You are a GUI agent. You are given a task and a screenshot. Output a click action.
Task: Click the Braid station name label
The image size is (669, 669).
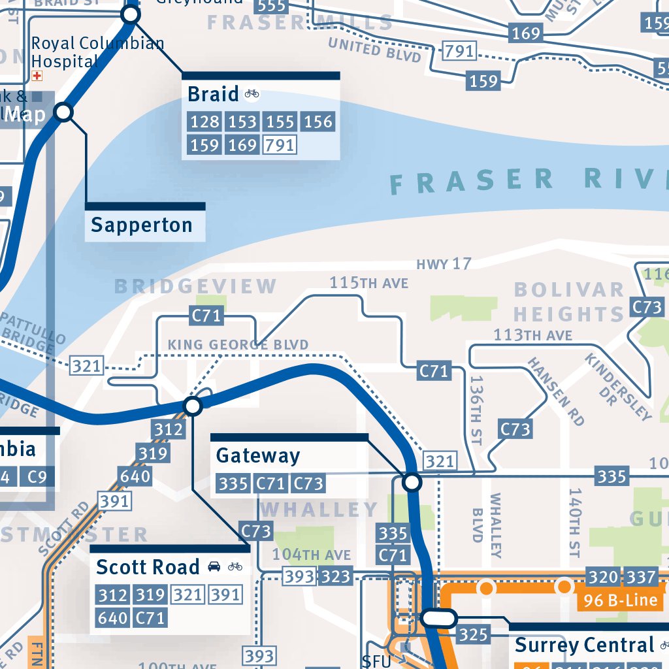coord(213,95)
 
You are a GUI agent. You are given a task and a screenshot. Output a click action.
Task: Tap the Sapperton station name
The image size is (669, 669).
coord(142,225)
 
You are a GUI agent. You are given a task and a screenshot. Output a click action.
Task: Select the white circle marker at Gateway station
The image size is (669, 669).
coord(412,483)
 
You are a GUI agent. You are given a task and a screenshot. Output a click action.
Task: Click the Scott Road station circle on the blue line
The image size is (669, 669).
coord(192,406)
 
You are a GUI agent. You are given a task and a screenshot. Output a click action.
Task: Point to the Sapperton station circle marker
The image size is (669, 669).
coord(63,113)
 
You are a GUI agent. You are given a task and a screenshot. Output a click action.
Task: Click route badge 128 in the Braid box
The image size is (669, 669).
coord(204,122)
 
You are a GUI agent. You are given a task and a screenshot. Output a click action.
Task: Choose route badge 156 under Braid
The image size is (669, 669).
coord(318,122)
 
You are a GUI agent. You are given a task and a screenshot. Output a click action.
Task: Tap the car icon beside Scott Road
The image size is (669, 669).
coord(214,566)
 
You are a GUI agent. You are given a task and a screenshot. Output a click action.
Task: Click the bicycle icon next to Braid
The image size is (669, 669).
coord(252,94)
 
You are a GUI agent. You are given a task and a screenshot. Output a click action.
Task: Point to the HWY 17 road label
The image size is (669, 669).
coord(444,264)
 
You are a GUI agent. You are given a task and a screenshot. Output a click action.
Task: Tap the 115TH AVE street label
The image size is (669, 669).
coord(368,283)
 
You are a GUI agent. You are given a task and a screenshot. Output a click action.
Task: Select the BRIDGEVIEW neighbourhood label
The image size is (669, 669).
coord(196,286)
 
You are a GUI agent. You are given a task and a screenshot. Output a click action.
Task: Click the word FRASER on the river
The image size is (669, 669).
coord(470,181)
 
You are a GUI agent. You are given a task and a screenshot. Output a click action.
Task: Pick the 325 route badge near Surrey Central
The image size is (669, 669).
coord(473,634)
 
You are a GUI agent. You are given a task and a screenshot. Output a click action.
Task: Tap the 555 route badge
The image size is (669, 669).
coord(271,6)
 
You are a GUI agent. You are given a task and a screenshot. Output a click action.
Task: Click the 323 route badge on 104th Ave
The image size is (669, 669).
coord(336,576)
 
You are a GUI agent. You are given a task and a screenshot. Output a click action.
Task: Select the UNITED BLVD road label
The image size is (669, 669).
coord(374,50)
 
